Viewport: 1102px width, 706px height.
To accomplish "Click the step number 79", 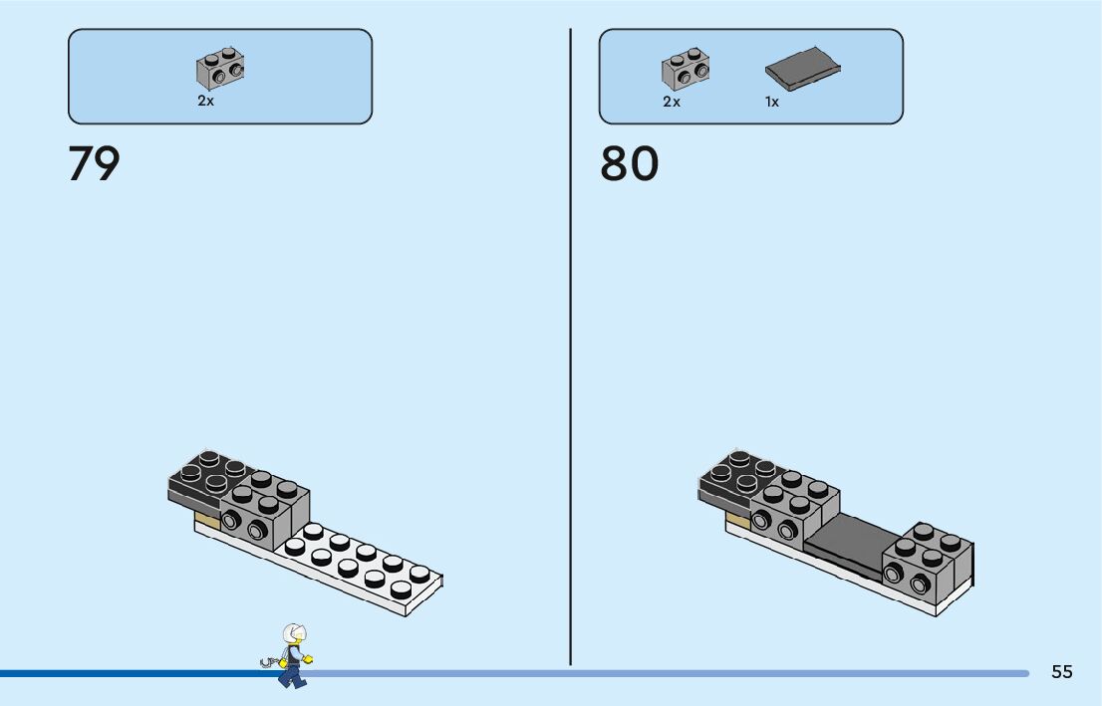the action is click(x=94, y=164).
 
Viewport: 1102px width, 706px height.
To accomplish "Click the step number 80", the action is click(x=629, y=164).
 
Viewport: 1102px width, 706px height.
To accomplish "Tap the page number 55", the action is click(x=1062, y=672).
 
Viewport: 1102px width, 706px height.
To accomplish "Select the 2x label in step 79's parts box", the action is click(x=205, y=102).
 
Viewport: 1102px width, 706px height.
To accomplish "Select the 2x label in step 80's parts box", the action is click(x=672, y=102).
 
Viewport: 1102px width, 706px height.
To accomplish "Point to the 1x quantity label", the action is click(x=772, y=102).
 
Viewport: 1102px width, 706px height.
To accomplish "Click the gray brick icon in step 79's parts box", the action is click(x=220, y=68).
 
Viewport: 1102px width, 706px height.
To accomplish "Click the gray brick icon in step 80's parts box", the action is click(x=686, y=68).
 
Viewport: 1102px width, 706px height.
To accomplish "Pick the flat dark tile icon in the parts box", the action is click(x=803, y=65).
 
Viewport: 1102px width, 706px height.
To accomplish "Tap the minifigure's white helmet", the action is click(x=295, y=633).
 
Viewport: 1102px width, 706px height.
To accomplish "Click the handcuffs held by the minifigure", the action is click(x=267, y=659).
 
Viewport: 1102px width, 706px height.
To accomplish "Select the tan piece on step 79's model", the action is click(x=207, y=521).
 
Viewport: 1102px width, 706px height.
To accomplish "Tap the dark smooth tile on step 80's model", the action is click(x=847, y=543).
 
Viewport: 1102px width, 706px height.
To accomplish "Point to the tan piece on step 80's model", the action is click(x=737, y=521).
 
